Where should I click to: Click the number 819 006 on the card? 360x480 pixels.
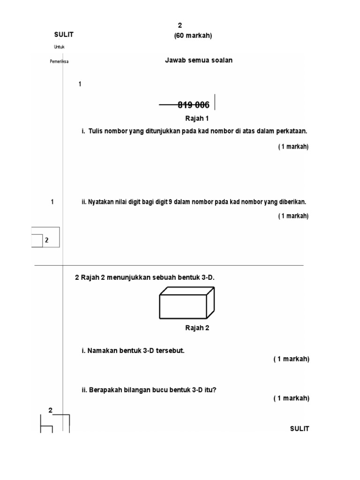[x=194, y=105]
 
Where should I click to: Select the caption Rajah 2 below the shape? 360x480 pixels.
[x=197, y=328]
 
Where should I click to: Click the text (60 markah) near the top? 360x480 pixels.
[x=193, y=36]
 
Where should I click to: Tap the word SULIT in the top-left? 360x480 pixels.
[x=64, y=34]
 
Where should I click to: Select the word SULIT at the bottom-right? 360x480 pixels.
[x=300, y=429]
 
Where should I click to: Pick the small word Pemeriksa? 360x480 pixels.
[x=59, y=61]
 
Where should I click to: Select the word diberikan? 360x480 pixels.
[x=292, y=202]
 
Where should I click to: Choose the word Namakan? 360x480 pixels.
[x=101, y=351]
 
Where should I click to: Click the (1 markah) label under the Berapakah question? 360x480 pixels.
[x=292, y=398]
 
